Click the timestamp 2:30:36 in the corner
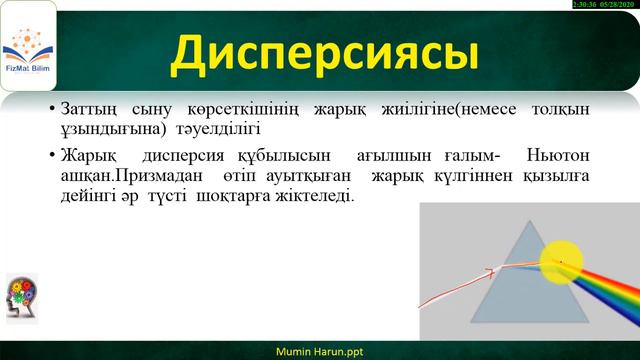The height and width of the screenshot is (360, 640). click(x=586, y=5)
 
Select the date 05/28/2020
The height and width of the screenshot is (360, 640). click(x=620, y=5)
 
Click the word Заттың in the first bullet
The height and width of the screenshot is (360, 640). click(x=92, y=107)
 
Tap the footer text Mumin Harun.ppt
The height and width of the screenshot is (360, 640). click(x=320, y=351)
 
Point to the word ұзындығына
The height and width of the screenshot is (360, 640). click(x=105, y=130)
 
